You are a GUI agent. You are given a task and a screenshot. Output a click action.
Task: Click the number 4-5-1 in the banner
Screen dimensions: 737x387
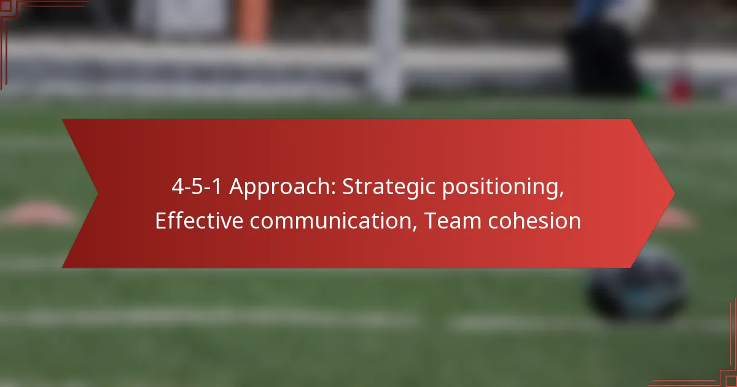click(x=197, y=187)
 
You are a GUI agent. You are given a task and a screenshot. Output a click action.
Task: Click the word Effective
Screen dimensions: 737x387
click(x=199, y=221)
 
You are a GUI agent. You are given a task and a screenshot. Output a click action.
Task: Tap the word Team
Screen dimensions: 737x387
click(x=453, y=221)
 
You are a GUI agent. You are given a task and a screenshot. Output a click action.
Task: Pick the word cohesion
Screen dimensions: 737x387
click(x=535, y=221)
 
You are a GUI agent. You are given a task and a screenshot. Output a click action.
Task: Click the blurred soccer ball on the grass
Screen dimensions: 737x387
click(x=637, y=287)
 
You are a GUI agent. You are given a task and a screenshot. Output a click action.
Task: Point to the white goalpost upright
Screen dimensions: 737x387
click(x=388, y=49)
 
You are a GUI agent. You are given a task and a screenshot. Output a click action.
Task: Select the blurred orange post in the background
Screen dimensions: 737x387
click(x=252, y=20)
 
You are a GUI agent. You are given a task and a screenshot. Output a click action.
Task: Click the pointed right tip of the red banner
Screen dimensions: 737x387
click(x=675, y=194)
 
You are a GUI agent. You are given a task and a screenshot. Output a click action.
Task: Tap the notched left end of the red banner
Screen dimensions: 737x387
click(x=98, y=193)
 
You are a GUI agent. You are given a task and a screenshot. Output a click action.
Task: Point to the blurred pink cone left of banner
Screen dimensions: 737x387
click(x=39, y=214)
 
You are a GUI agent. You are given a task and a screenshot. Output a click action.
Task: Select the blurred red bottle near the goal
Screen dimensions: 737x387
click(x=680, y=86)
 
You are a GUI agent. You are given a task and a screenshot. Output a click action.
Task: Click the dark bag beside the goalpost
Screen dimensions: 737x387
click(x=602, y=59)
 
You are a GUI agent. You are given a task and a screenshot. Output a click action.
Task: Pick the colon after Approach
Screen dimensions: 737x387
click(x=333, y=190)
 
